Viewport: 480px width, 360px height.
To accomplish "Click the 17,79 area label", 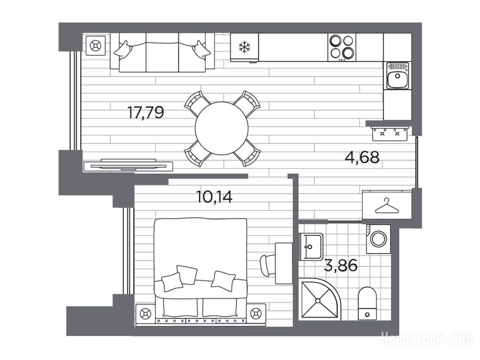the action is [x=146, y=112].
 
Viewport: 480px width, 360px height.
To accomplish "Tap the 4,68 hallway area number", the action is [x=362, y=157].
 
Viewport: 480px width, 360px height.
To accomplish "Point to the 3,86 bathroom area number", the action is [x=340, y=265].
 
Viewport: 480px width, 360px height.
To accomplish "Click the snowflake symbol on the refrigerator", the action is [x=245, y=47].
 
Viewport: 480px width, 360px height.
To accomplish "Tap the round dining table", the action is [x=222, y=128].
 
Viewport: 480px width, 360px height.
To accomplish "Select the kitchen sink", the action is [x=397, y=75].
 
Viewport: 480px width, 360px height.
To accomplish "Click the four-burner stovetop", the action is [x=342, y=47].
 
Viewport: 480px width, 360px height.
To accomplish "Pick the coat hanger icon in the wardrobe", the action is [x=387, y=206].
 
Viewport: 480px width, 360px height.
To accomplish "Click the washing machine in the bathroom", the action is [x=378, y=239].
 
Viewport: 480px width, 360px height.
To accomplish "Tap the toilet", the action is [x=367, y=303].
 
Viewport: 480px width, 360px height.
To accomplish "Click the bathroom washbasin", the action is [x=311, y=247].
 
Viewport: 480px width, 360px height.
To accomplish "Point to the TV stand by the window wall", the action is [x=128, y=165].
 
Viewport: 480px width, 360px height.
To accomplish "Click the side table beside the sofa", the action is [x=96, y=46].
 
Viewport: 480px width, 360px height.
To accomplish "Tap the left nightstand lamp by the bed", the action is [x=145, y=314].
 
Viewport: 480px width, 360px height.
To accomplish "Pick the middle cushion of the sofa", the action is [x=162, y=52].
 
